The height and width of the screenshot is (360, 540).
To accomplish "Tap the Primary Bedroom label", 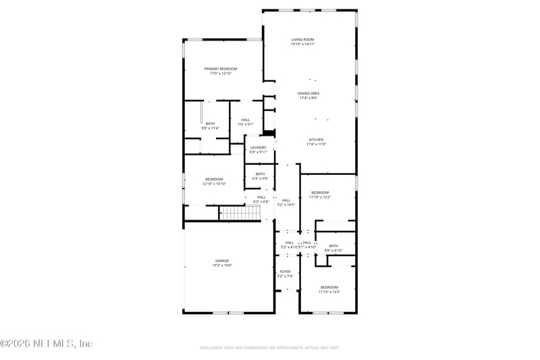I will [221, 69].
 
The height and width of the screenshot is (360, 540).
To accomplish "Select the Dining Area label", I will [308, 93].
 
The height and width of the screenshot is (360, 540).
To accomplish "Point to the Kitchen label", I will [316, 140].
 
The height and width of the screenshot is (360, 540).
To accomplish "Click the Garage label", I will [222, 261].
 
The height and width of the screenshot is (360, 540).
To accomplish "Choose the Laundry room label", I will [258, 147].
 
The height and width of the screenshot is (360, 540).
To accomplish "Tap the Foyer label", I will [284, 272].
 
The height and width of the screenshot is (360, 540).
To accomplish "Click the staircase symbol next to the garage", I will [240, 213].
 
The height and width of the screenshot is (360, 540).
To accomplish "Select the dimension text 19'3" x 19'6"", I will [222, 265].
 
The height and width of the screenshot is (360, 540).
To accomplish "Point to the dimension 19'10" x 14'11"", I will [303, 44].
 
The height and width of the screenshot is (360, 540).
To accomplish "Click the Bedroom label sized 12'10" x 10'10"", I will [213, 179].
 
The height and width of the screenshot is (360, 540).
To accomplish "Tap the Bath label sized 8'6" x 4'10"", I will [333, 246].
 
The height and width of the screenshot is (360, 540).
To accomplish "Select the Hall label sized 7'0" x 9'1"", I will [245, 120].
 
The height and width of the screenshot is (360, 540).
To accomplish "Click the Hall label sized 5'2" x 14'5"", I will [286, 200].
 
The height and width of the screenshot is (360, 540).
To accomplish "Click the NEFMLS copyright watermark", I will [46, 343].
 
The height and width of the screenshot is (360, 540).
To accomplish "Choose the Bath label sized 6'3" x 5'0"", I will [260, 174].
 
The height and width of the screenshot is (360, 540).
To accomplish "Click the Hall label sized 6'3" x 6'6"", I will [261, 197].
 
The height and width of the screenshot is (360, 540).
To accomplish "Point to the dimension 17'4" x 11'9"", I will [316, 145].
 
